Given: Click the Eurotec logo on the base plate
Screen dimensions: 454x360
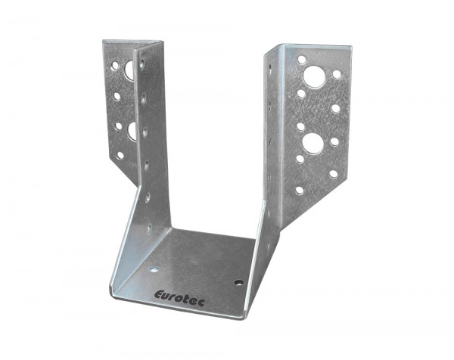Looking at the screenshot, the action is pyautogui.click(x=179, y=298).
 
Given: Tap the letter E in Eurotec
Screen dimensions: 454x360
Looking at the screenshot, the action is pyautogui.click(x=159, y=295).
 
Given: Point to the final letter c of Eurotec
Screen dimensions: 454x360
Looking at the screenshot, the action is pyautogui.click(x=201, y=303).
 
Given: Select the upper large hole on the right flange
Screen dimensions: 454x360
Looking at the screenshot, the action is pyautogui.click(x=314, y=77).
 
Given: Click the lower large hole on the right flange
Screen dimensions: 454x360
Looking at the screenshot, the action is pyautogui.click(x=313, y=144).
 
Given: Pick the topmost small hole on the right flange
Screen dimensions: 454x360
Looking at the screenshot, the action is pyautogui.click(x=302, y=60).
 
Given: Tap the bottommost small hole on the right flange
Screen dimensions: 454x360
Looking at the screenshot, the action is pyautogui.click(x=300, y=190).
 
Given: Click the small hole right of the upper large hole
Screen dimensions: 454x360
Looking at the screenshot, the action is pyautogui.click(x=337, y=74).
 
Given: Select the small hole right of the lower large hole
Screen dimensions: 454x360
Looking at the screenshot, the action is pyautogui.click(x=334, y=141).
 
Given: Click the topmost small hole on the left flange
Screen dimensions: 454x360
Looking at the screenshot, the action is pyautogui.click(x=115, y=66).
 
